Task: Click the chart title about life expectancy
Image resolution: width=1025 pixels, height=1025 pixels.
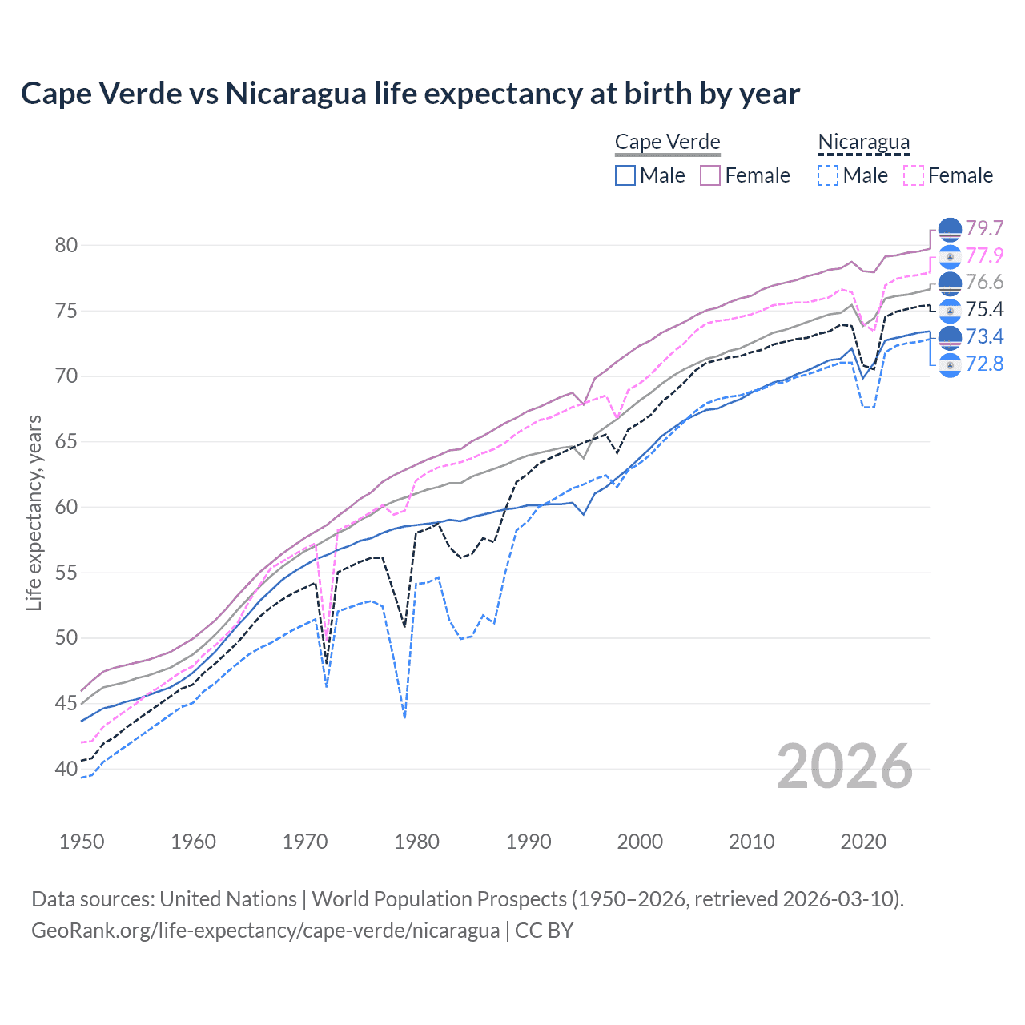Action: [410, 94]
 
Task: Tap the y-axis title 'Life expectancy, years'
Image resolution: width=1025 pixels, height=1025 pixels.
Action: [34, 512]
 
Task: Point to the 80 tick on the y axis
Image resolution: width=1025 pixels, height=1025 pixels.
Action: [66, 246]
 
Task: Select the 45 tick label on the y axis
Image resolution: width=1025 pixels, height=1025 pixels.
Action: [66, 704]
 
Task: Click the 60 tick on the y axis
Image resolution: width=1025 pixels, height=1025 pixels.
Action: [66, 508]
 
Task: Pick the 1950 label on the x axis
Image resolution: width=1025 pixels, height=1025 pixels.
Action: [82, 842]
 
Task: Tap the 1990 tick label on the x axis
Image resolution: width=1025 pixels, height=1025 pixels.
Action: [529, 842]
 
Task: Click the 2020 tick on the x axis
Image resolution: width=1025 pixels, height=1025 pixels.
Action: [863, 842]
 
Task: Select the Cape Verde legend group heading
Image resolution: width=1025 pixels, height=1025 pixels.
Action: [667, 143]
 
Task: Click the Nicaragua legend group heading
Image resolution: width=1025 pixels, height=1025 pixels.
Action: [863, 143]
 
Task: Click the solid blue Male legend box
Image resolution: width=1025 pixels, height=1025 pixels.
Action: [625, 175]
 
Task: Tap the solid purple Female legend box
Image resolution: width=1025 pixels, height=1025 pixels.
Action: [710, 175]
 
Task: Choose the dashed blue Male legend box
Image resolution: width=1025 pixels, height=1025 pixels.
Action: [828, 175]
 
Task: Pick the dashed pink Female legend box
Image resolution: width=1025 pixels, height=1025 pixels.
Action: [913, 175]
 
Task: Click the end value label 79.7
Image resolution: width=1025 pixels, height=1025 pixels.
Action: [984, 229]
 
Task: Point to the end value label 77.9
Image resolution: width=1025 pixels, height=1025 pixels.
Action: [984, 256]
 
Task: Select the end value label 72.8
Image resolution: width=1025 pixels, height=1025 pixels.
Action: [984, 364]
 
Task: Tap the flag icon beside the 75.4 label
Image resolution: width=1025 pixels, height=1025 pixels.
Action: [950, 310]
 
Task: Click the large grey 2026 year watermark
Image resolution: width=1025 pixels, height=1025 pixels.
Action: [845, 766]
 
